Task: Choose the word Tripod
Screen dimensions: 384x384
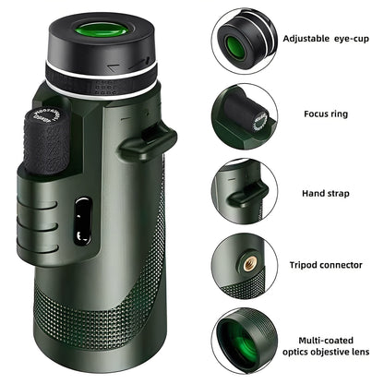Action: (306, 265)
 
